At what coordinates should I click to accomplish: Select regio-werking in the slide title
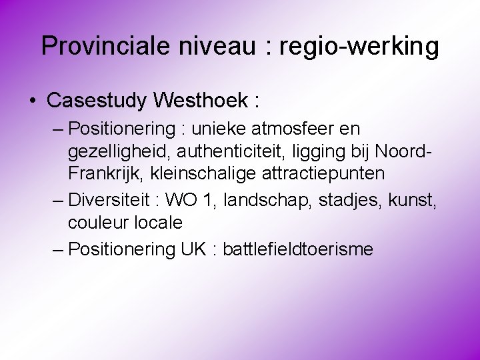tap(359, 46)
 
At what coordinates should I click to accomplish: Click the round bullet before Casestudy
tap(33, 101)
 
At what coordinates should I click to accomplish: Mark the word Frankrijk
tap(108, 173)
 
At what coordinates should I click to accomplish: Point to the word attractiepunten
tap(327, 173)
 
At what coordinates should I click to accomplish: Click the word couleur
tap(97, 222)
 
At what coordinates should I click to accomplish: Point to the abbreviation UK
tap(195, 249)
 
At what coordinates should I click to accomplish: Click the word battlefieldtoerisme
tap(298, 249)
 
